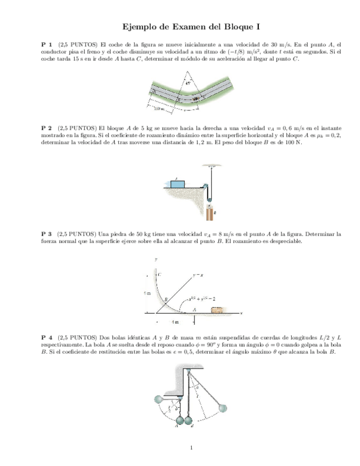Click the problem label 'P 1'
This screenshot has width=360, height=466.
tap(47, 44)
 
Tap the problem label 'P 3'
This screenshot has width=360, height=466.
tap(47, 234)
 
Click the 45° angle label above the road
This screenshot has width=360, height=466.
tap(189, 84)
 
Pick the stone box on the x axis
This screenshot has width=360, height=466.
tap(217, 310)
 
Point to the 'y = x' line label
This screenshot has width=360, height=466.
tap(198, 273)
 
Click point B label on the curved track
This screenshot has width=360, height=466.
tap(165, 298)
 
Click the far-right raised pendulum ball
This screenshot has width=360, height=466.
tap(224, 407)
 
